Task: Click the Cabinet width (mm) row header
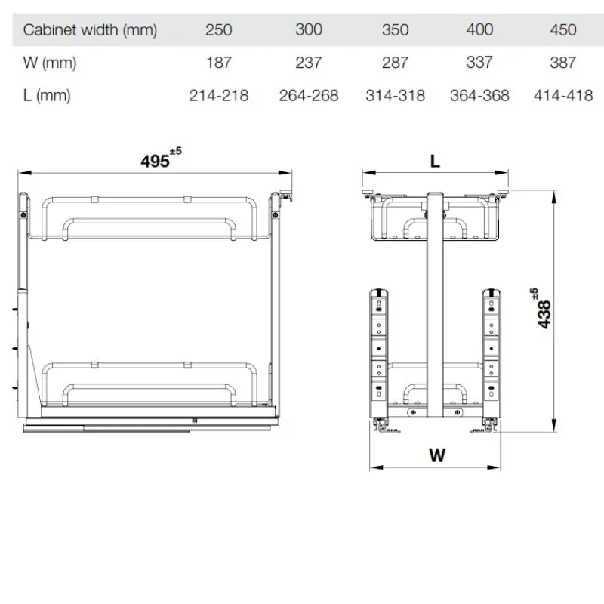[90, 30]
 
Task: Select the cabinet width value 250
[218, 30]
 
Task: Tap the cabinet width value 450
[562, 30]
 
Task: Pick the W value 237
[309, 63]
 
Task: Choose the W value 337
[479, 63]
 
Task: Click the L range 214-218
[219, 96]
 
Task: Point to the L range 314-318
[395, 96]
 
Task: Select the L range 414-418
[563, 96]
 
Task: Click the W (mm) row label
[50, 63]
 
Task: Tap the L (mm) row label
[47, 96]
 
